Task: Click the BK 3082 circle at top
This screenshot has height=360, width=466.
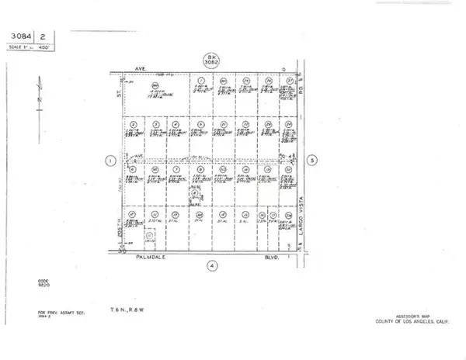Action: [211, 60]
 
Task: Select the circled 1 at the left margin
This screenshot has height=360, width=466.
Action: [110, 161]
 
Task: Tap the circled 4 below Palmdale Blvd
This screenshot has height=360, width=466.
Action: [211, 265]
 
